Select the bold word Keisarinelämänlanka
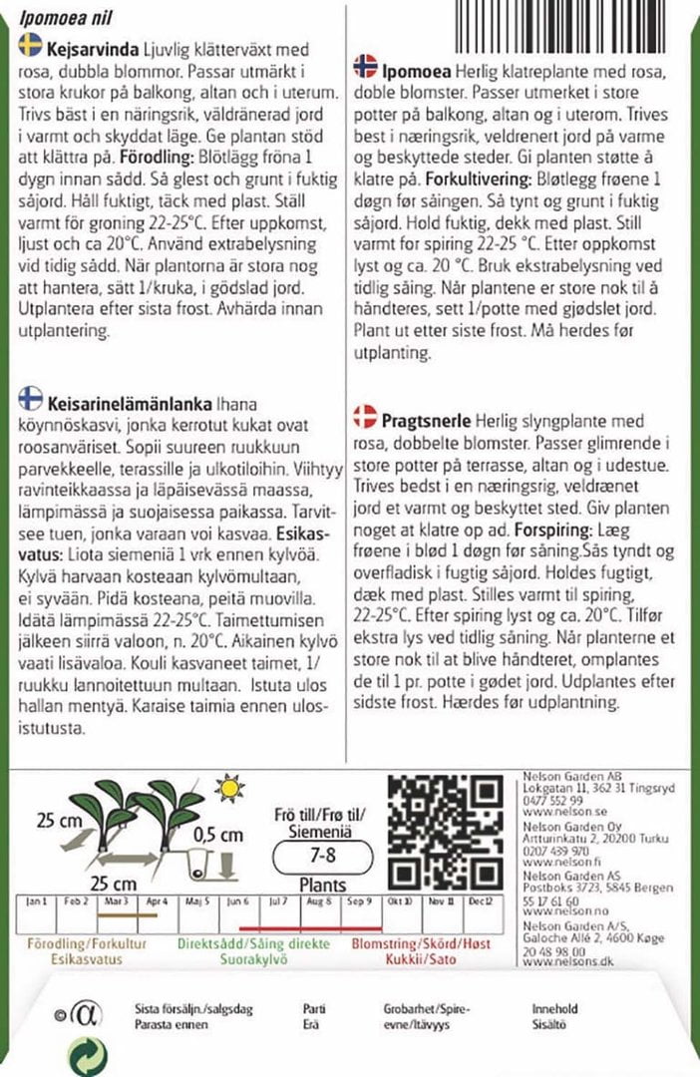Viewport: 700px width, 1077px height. click(x=129, y=404)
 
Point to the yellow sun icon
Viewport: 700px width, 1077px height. click(x=231, y=789)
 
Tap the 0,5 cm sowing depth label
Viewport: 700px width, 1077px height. click(x=220, y=835)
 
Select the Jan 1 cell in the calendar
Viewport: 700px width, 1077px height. click(x=37, y=902)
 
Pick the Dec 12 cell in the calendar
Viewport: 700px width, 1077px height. click(x=482, y=902)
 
